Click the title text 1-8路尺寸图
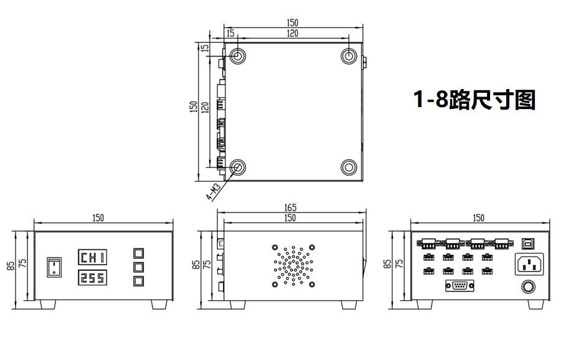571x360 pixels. (x=474, y=99)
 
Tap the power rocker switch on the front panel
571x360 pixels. (x=54, y=267)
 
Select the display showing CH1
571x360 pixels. (x=93, y=257)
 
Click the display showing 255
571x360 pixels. (x=93, y=278)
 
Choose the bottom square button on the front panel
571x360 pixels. (x=138, y=281)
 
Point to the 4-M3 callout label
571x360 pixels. (x=214, y=192)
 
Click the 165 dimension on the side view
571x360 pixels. (x=290, y=207)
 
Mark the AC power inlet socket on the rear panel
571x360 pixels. (x=529, y=264)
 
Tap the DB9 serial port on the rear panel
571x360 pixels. (x=460, y=286)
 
